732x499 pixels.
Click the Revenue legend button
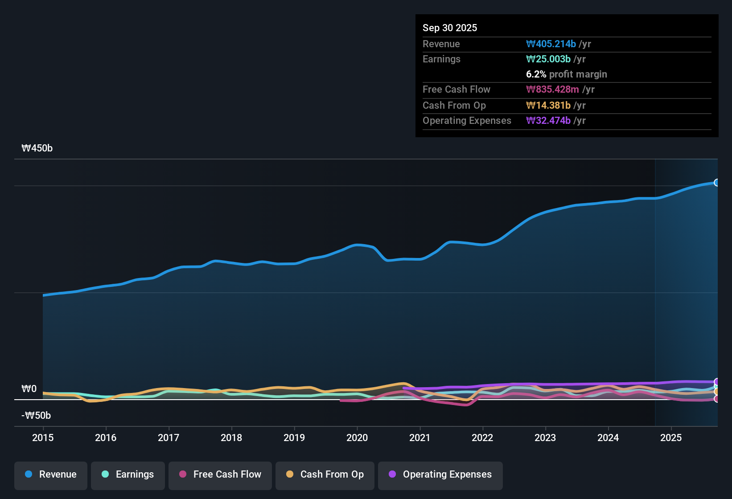tap(51, 475)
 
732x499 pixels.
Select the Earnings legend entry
tap(127, 475)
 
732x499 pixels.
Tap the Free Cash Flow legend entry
tap(220, 475)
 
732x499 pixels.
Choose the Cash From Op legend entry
tap(325, 475)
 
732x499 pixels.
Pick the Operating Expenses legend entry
tap(440, 475)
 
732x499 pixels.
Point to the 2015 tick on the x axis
tap(43, 438)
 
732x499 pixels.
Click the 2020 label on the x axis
tap(357, 438)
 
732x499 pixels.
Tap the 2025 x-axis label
tap(671, 438)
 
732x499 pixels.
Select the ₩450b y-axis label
tap(37, 148)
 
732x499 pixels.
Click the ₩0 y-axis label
tap(29, 389)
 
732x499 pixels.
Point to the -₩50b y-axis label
tap(36, 416)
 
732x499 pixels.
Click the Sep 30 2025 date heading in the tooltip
tap(450, 28)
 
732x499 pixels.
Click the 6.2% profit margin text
tap(567, 74)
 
